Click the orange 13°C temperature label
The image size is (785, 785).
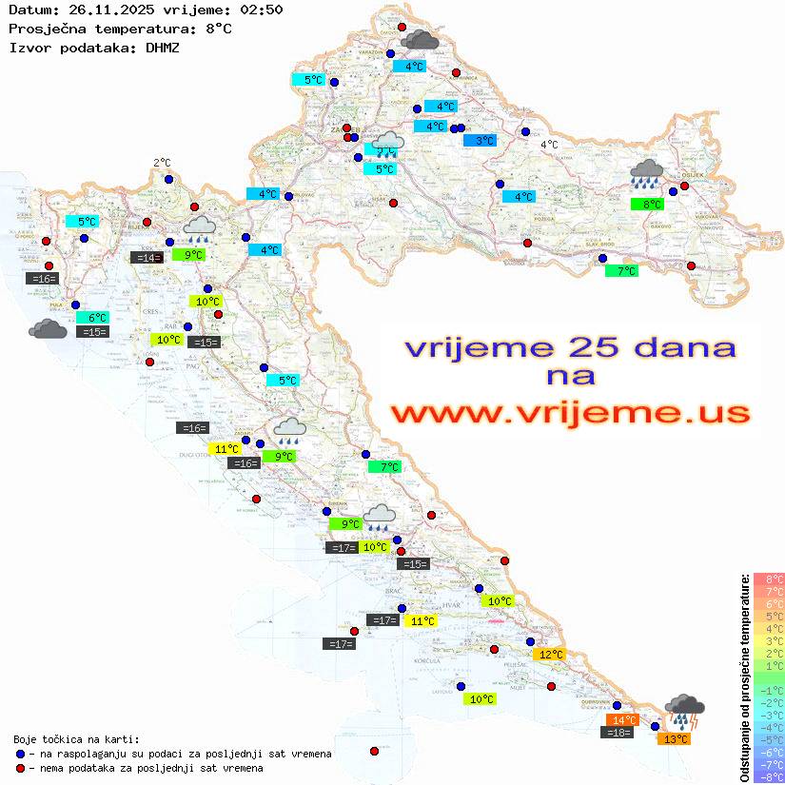(x=677, y=739)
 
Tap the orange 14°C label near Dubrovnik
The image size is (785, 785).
(x=623, y=720)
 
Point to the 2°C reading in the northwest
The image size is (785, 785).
(x=162, y=163)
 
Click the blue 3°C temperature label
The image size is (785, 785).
(x=480, y=141)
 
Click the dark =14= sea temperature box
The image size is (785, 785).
(x=147, y=257)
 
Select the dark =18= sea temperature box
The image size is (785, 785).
(x=618, y=733)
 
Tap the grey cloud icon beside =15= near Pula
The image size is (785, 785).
(x=48, y=329)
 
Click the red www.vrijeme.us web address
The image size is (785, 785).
(x=569, y=413)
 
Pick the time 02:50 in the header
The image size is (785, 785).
(x=261, y=10)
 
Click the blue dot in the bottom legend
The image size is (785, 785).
(x=21, y=754)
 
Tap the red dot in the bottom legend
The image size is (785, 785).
(x=21, y=768)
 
